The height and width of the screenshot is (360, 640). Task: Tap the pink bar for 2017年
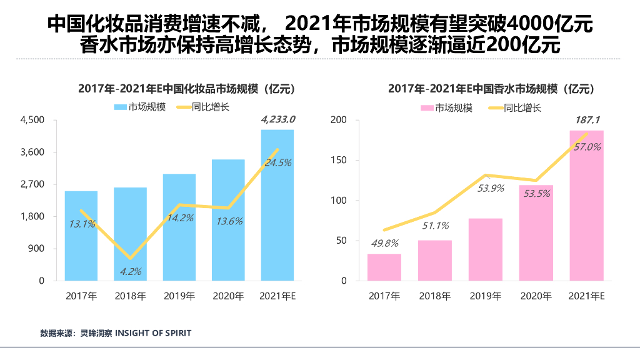click(x=384, y=267)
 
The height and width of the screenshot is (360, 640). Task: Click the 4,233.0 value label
click(x=277, y=119)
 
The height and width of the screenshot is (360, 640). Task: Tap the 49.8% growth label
click(x=383, y=243)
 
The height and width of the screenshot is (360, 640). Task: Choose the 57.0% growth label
click(x=586, y=147)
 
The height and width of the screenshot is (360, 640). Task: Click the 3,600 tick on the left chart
click(x=33, y=152)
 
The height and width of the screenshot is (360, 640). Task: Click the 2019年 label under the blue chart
click(x=179, y=296)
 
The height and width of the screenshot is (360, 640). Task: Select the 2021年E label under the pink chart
click(x=586, y=296)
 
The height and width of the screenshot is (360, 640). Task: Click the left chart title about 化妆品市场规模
click(x=186, y=89)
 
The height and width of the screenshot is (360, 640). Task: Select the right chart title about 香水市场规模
click(x=491, y=89)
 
